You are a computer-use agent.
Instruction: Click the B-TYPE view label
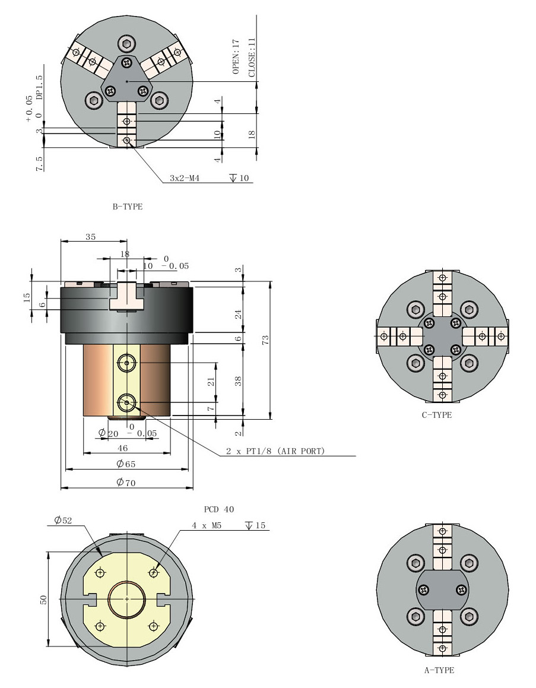(127, 207)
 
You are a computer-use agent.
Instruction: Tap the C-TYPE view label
(437, 415)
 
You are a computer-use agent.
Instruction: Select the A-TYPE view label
(439, 670)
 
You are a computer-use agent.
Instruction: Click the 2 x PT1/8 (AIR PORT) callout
(275, 452)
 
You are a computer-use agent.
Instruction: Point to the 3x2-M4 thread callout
(184, 178)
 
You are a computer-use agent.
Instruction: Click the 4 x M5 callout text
(207, 525)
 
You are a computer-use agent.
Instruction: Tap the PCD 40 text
(219, 509)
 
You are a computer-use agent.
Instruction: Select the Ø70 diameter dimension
(126, 483)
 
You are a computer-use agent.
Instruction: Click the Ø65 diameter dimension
(126, 464)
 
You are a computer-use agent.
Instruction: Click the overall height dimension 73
(265, 340)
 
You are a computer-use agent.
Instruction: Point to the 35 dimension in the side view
(91, 236)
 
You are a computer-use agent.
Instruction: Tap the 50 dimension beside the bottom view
(43, 600)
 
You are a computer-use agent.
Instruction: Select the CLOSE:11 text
(252, 57)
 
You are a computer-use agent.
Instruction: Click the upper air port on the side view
(126, 362)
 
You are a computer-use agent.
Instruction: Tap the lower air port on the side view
(126, 402)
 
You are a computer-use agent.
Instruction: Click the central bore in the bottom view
(126, 599)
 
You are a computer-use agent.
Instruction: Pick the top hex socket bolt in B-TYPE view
(126, 43)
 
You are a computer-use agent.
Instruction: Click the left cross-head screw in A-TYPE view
(424, 589)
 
